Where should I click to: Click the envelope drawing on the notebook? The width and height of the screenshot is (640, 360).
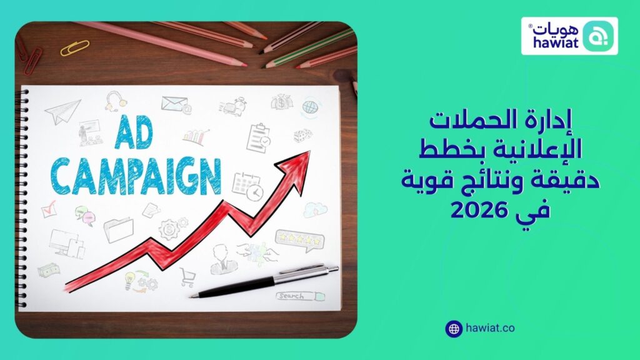pyautogui.click(x=174, y=103)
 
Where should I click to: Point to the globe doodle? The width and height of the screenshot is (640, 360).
pyautogui.click(x=311, y=106)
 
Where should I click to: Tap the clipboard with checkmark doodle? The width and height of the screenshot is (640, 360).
pyautogui.click(x=258, y=137)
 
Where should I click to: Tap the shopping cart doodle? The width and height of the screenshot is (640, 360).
pyautogui.click(x=187, y=276)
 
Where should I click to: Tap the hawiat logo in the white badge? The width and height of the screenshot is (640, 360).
pyautogui.click(x=569, y=36)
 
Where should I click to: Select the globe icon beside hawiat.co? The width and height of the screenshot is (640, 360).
pyautogui.click(x=454, y=328)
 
